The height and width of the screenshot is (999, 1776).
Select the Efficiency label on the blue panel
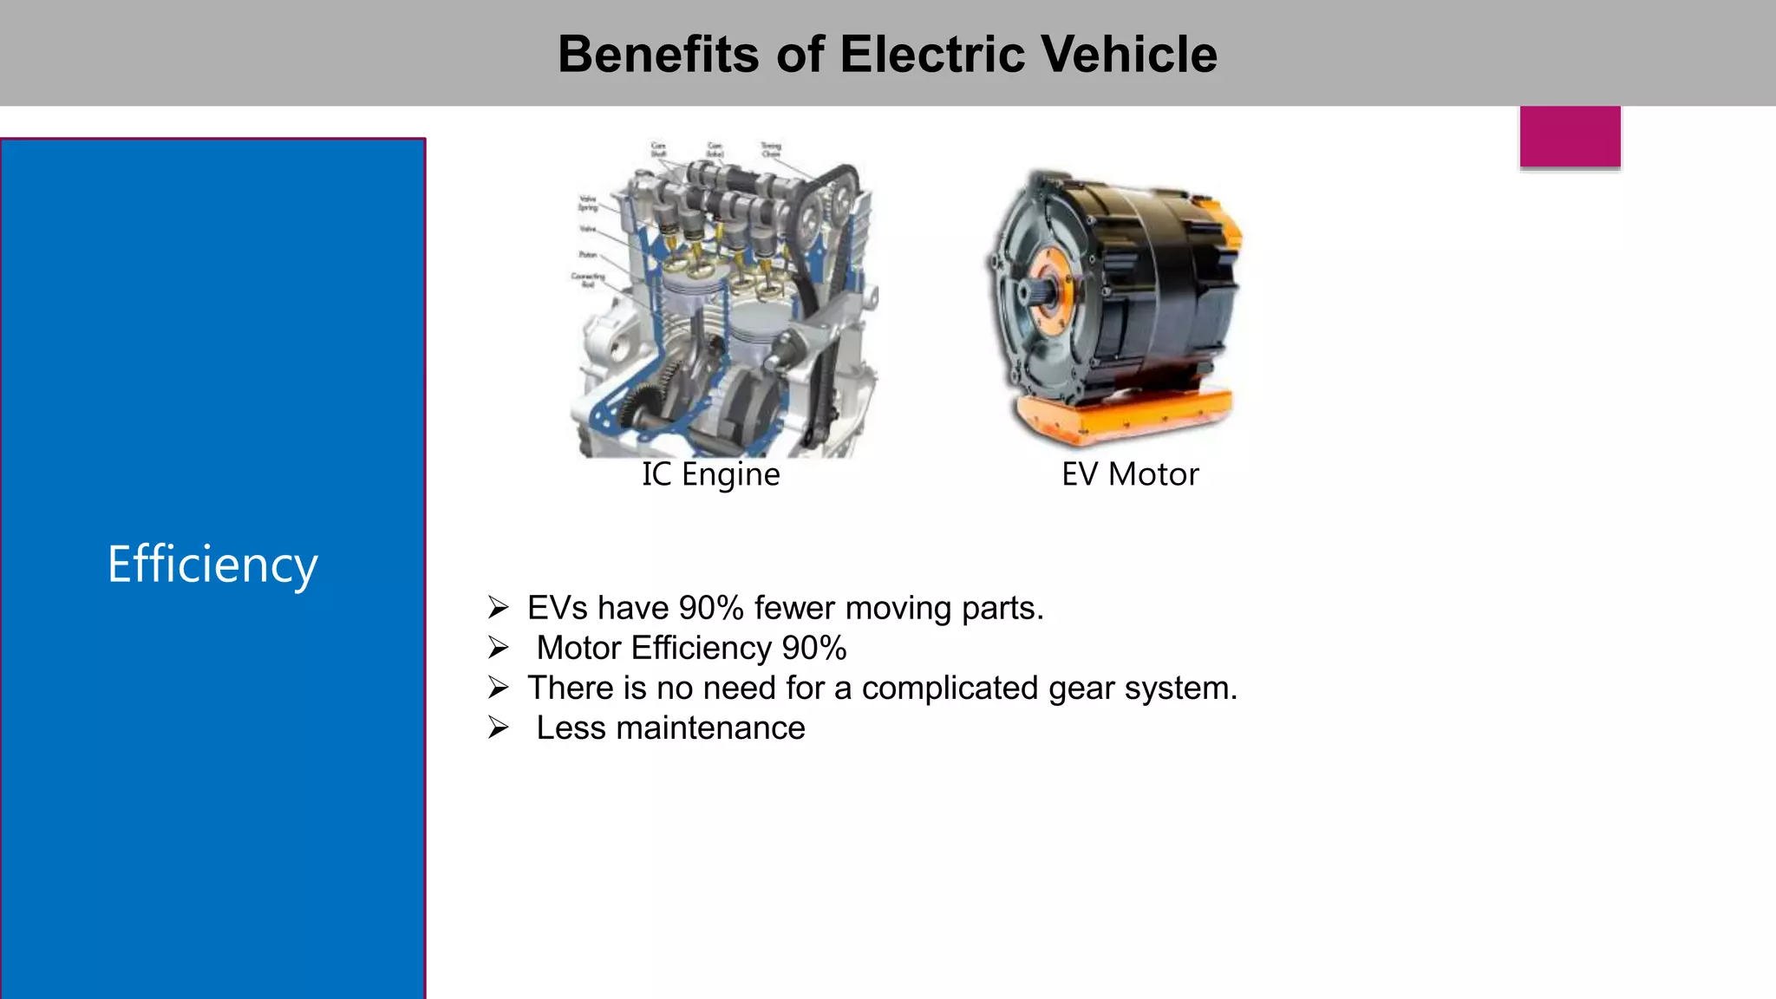click(x=212, y=565)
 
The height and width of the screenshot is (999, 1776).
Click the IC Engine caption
click(x=711, y=474)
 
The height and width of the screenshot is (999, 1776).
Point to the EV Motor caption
click(x=1130, y=474)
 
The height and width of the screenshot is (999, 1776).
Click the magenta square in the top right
click(x=1570, y=136)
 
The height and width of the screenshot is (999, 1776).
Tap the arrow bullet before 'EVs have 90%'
click(x=498, y=608)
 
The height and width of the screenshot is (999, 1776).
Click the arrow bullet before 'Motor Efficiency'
click(x=498, y=648)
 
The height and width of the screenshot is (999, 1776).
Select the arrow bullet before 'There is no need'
click(x=498, y=688)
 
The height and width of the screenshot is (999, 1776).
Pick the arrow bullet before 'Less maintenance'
click(x=498, y=728)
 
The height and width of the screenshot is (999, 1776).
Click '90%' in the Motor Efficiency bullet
click(x=813, y=648)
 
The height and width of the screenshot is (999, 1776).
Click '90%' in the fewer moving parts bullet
click(x=711, y=608)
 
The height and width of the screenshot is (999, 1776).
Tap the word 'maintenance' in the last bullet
click(x=710, y=728)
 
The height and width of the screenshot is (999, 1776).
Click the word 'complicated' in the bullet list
click(x=950, y=688)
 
